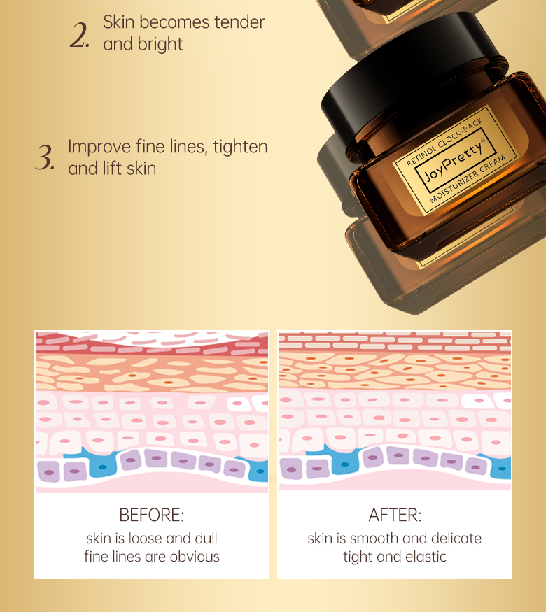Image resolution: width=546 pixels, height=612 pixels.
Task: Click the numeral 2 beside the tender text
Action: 78,34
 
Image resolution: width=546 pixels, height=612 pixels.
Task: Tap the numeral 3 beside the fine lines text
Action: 44,158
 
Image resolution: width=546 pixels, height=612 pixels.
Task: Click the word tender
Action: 239,22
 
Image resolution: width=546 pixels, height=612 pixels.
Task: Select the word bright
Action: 160,44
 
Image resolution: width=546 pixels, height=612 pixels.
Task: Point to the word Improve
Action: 99,147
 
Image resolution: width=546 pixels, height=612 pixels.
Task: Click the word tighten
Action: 240,147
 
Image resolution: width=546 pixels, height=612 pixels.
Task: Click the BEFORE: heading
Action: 152,515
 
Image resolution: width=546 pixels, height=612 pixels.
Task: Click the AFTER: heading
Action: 395,515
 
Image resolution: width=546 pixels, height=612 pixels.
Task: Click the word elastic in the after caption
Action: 425,557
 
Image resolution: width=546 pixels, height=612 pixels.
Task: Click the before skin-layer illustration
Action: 152,412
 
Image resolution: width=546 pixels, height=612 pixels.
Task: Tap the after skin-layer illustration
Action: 395,412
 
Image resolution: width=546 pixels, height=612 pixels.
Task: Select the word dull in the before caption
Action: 204,539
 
